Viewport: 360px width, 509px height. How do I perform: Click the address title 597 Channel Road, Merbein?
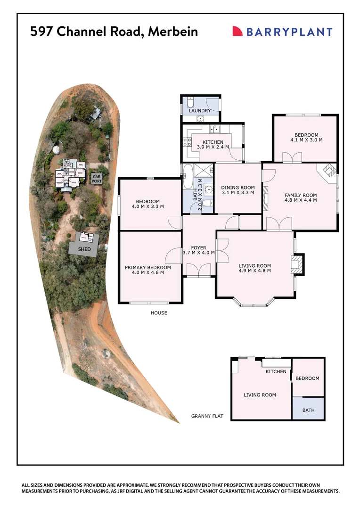pos(114,32)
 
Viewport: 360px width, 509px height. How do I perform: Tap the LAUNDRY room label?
pos(200,111)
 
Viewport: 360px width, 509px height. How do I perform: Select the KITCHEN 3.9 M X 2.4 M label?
pos(213,145)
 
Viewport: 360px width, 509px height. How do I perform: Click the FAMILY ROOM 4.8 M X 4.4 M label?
pos(301,197)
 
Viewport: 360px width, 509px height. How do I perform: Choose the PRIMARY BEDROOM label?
pos(147,270)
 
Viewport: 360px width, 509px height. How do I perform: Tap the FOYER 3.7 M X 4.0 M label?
pos(198,250)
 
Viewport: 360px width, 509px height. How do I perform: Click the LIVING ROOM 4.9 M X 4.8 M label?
pos(255,268)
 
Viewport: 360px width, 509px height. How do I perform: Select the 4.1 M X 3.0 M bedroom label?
pos(306,137)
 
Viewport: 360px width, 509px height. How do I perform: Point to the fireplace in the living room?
pos(297,264)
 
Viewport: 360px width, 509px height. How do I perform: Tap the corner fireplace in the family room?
pos(328,170)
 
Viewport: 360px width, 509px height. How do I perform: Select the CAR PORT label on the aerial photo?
pos(97,178)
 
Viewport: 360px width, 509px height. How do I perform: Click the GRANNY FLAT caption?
pos(207,416)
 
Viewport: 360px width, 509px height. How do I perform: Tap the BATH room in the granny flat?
pos(308,410)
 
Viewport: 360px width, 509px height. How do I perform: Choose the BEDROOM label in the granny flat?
pos(307,378)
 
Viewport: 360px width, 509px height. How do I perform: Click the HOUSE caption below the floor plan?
pos(159,313)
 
